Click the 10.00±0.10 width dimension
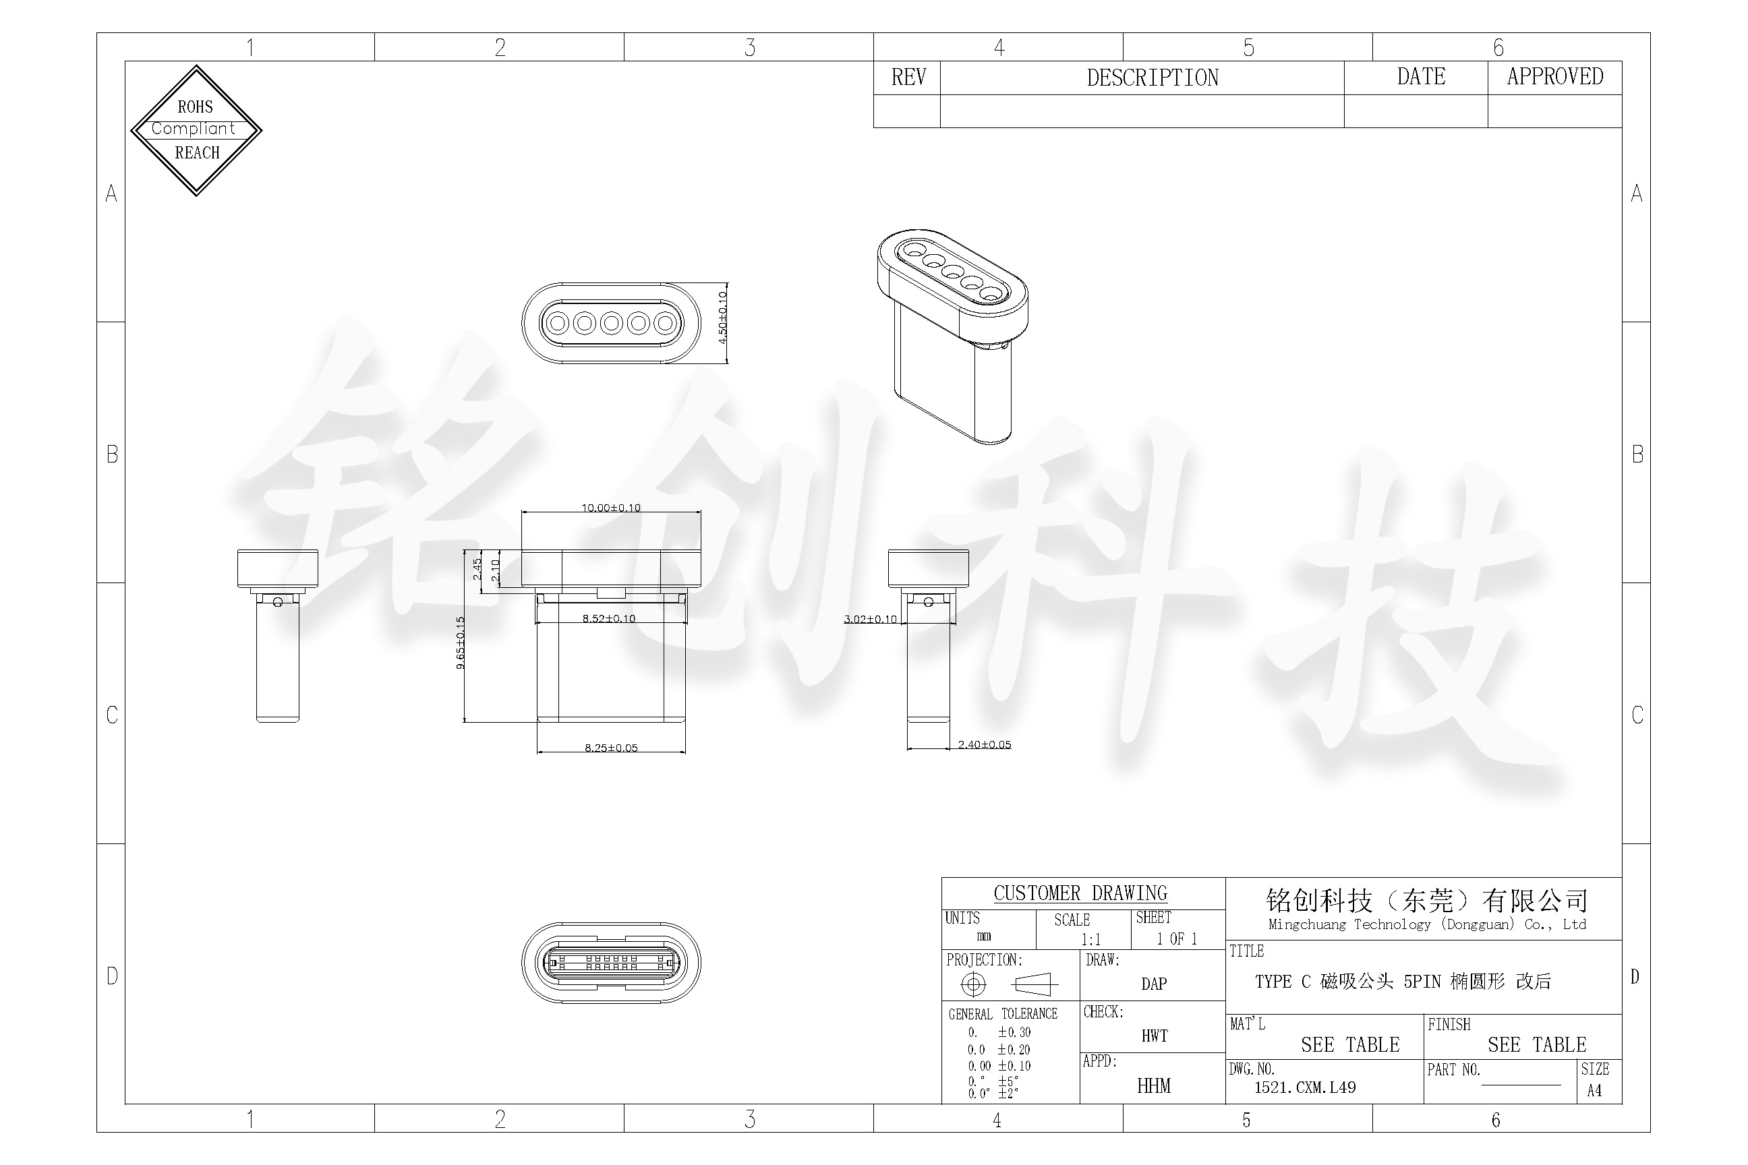pos(610,508)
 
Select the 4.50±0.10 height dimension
pos(722,318)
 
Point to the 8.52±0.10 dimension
pos(609,618)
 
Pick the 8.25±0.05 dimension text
pos(611,748)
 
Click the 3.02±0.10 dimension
pos(869,619)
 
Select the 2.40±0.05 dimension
pos(984,744)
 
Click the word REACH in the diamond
pos(197,153)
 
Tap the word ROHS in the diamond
pos(195,107)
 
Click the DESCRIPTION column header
pos(1152,78)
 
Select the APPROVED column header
pos(1554,77)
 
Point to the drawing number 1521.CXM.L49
pos(1304,1087)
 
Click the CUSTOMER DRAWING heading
pos(1080,893)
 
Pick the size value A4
pos(1594,1091)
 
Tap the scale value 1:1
pos(1090,939)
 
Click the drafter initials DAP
pos(1153,984)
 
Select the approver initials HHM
pos(1153,1086)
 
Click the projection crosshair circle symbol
pos(973,984)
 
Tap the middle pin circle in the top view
pos(611,323)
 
